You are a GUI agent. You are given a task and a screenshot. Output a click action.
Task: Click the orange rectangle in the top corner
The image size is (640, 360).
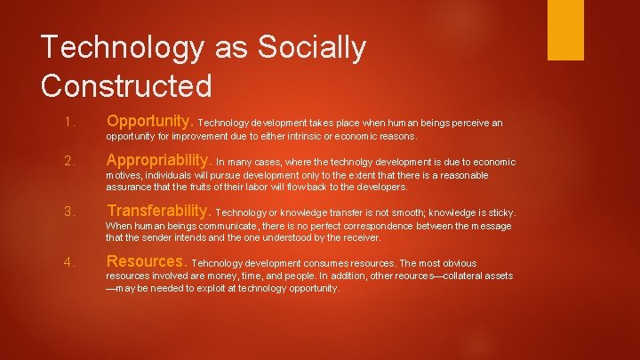tap(565, 29)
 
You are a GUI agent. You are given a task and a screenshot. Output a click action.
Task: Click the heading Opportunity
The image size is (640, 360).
tap(149, 121)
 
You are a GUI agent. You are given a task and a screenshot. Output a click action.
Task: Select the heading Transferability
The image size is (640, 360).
tap(158, 212)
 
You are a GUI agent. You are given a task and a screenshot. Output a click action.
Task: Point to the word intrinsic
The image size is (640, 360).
tap(314, 137)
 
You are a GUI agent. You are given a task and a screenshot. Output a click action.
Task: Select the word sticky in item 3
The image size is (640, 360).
tap(500, 213)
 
